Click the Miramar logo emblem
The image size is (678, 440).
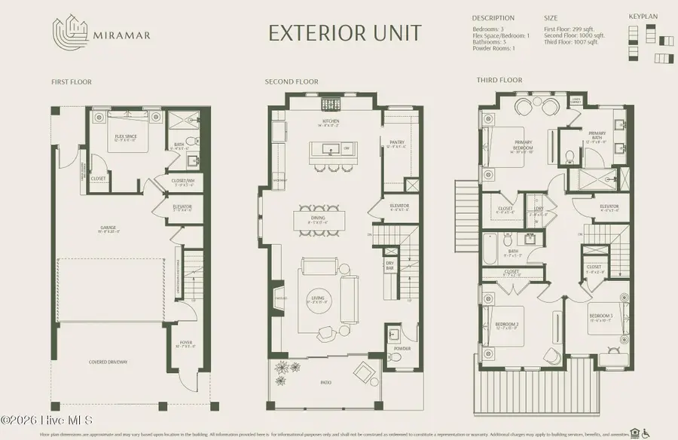(x=67, y=32)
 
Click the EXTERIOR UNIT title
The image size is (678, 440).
(x=345, y=32)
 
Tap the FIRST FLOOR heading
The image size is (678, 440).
(x=72, y=81)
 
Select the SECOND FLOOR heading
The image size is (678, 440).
(x=292, y=81)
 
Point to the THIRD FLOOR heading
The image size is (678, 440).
(x=499, y=79)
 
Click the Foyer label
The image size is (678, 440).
(x=185, y=343)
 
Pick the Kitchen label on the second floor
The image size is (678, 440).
(x=330, y=121)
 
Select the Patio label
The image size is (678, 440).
(x=326, y=383)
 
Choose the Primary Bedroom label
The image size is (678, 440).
(x=523, y=144)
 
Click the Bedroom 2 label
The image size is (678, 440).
(x=507, y=324)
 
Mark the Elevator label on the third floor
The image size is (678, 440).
(x=609, y=206)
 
